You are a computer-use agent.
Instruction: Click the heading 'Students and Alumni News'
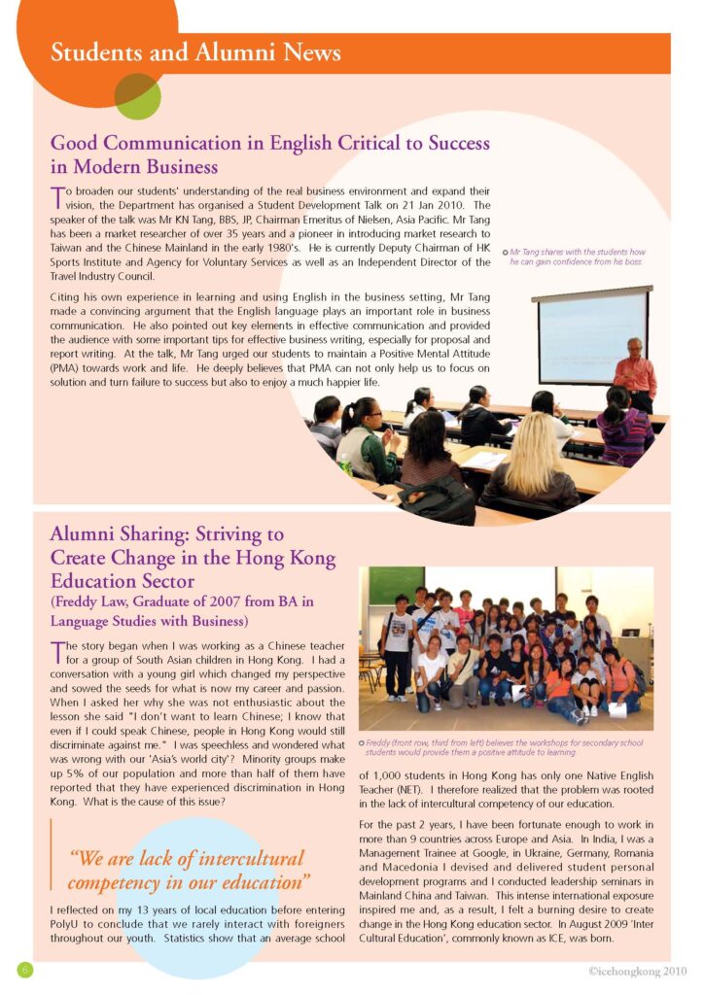(195, 51)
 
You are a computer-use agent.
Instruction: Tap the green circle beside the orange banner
(137, 96)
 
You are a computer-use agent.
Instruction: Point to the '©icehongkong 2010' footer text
(637, 971)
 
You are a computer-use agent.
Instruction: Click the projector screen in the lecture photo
(592, 335)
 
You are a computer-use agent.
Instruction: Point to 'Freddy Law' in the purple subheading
(92, 601)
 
